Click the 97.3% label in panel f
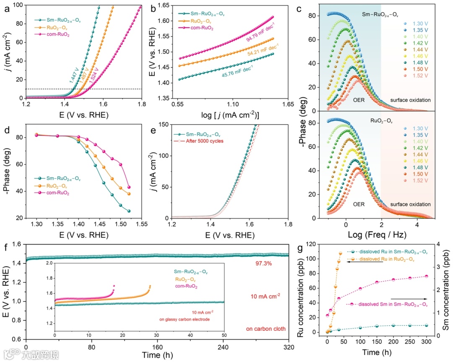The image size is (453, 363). click(x=264, y=263)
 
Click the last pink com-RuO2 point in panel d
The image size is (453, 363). click(x=129, y=187)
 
